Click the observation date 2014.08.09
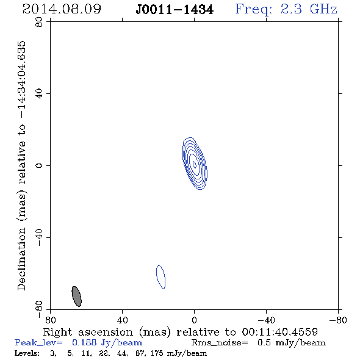click(62, 9)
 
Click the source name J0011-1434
click(175, 10)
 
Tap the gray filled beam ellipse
click(77, 297)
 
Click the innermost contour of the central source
click(193, 164)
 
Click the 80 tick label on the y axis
click(39, 22)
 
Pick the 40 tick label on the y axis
click(39, 94)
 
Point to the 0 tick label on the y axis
click(39, 165)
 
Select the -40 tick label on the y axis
click(39, 237)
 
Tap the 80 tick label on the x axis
click(51, 320)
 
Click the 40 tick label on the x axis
click(123, 320)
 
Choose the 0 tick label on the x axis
click(194, 320)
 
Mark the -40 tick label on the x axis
click(266, 320)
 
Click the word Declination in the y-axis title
click(21, 259)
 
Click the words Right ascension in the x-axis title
click(88, 332)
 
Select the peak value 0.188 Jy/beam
click(107, 343)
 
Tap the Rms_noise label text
click(220, 343)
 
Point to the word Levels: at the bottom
click(27, 353)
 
